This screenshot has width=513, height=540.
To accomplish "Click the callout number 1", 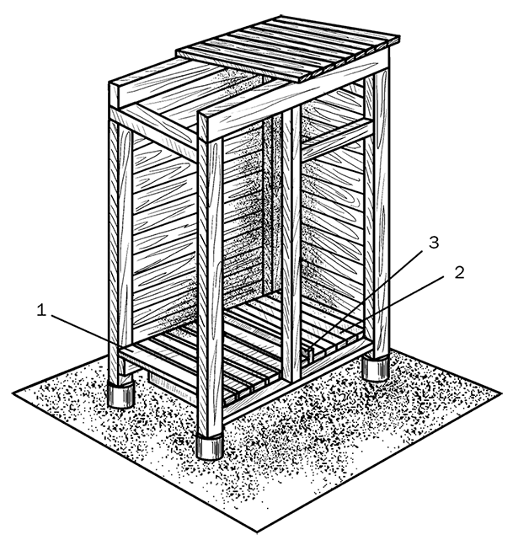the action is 41,310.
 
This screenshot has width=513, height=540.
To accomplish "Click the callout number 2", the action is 459,272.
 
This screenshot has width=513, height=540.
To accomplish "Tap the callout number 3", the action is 434,242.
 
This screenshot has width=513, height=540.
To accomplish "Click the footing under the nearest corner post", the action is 210,446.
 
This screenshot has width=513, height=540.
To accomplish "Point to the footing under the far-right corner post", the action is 376,369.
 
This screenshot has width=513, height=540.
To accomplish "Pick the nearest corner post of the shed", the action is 210,286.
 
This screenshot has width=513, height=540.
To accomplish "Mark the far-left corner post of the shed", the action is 120,251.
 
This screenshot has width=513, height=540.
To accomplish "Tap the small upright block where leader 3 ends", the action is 310,356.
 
